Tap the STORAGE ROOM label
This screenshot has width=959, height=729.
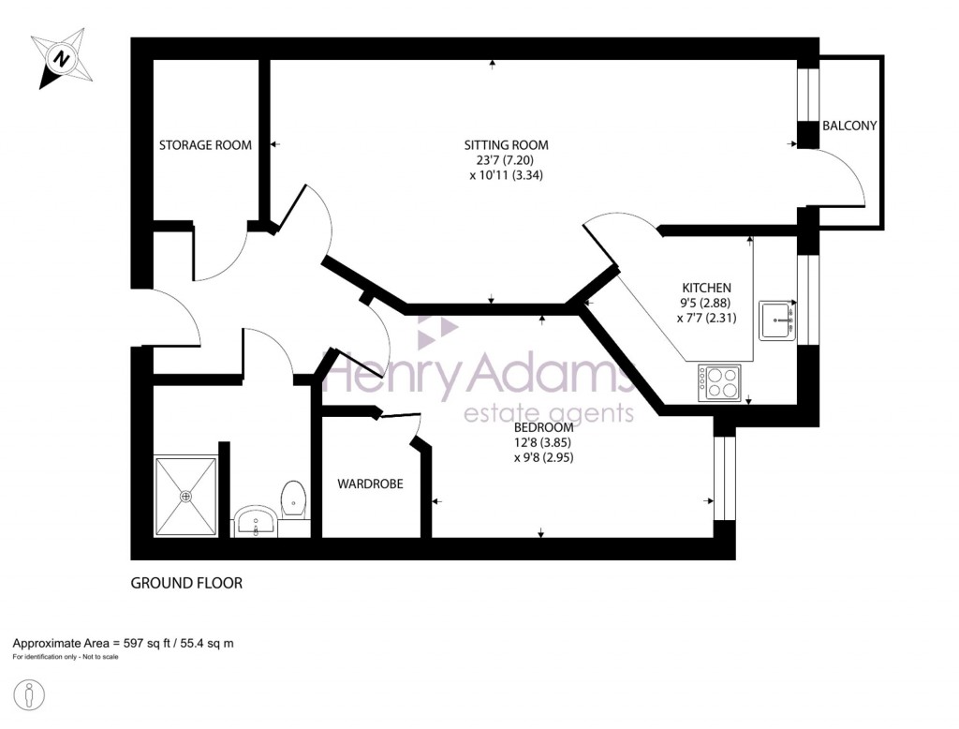[205, 145]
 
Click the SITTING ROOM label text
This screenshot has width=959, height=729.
[506, 145]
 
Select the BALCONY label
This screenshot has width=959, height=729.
[848, 126]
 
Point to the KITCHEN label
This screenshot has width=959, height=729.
[705, 288]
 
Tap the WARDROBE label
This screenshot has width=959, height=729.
[370, 484]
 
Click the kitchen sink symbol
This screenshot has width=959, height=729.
[776, 320]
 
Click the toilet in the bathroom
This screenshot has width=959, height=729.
[293, 498]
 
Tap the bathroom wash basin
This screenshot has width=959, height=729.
[254, 520]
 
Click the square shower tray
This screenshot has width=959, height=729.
[186, 496]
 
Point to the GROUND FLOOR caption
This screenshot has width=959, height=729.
[186, 583]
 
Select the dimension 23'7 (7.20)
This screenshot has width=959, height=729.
[506, 160]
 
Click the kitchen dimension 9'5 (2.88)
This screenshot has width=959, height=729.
[703, 303]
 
